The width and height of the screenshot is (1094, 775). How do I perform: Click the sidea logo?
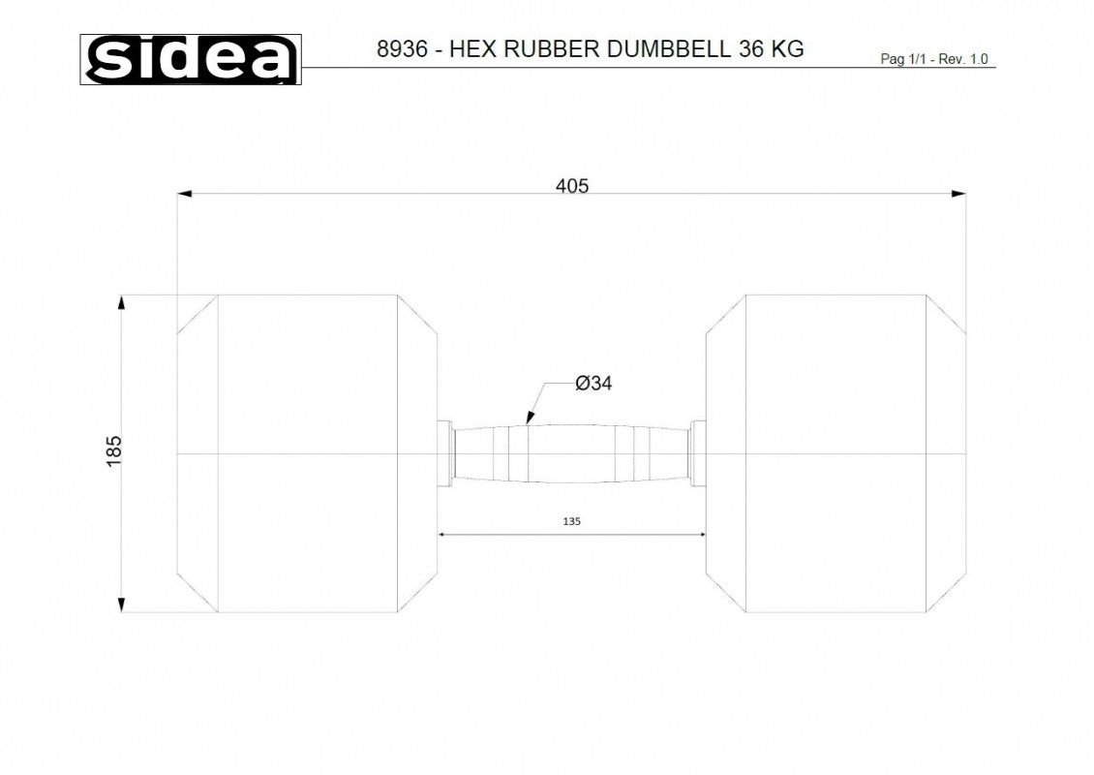pos(191,59)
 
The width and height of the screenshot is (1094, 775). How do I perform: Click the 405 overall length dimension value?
pos(572,186)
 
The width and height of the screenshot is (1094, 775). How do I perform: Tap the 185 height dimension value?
pos(113,451)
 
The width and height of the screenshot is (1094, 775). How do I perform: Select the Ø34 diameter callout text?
pos(593,384)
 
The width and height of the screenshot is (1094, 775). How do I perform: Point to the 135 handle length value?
pos(571,521)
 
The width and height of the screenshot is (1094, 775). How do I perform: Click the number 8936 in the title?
pos(402,48)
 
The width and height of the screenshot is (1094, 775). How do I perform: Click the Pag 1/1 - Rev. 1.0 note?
pos(934,59)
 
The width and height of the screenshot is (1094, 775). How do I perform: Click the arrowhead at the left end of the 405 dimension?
pos(184,194)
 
